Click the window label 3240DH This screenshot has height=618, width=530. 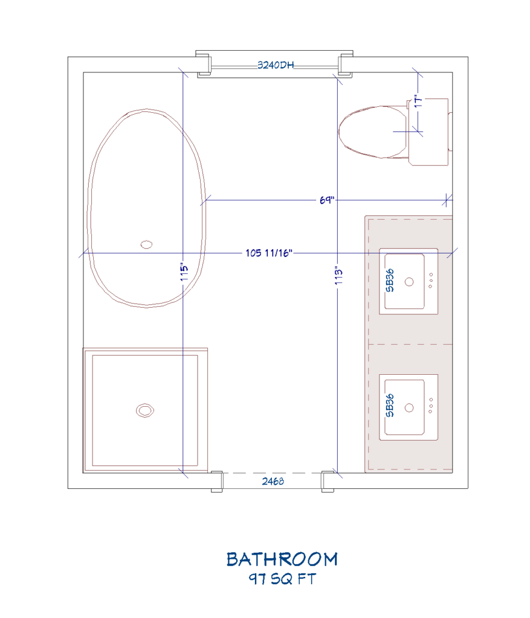(x=275, y=65)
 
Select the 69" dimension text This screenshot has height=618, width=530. (x=327, y=200)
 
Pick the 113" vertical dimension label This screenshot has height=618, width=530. (x=338, y=276)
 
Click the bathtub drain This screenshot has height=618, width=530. (x=146, y=244)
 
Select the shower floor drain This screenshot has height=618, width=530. (x=144, y=410)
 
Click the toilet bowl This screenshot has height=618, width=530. (x=370, y=132)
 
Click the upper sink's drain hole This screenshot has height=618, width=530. (x=409, y=281)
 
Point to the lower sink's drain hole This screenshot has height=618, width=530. (x=409, y=407)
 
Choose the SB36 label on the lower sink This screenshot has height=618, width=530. (x=390, y=406)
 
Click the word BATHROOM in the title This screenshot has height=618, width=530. (x=282, y=559)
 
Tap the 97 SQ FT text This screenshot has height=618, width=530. (x=282, y=579)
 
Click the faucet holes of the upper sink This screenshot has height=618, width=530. (x=431, y=281)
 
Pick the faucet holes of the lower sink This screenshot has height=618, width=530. (x=431, y=406)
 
